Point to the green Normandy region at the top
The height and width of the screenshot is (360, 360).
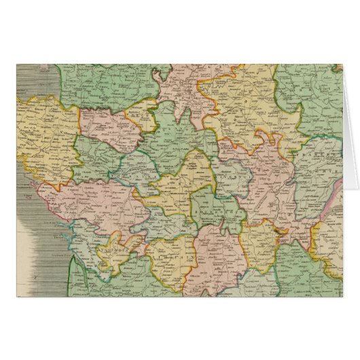pos(102,85)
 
